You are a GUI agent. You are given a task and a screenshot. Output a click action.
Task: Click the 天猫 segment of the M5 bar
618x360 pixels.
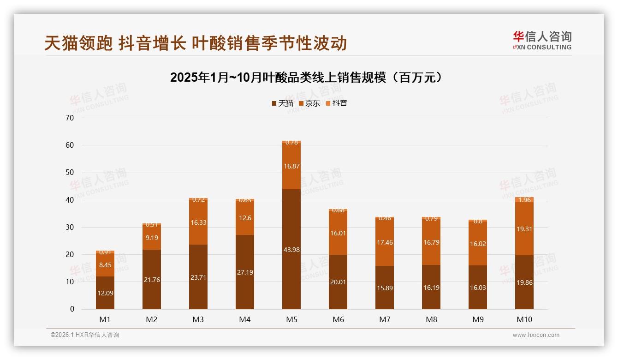(x=291, y=249)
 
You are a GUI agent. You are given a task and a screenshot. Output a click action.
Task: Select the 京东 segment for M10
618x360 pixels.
(x=524, y=229)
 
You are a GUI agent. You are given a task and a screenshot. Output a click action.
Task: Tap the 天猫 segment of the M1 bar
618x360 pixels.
(x=105, y=293)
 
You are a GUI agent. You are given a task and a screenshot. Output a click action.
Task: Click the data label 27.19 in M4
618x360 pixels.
(x=244, y=272)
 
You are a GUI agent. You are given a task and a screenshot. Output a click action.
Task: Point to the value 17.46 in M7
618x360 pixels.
(x=384, y=242)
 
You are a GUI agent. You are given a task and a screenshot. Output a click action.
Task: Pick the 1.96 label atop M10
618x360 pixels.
(x=524, y=200)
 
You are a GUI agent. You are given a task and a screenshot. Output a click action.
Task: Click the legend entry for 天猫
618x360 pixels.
(x=282, y=103)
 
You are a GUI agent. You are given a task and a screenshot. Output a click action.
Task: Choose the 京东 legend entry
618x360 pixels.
(x=309, y=103)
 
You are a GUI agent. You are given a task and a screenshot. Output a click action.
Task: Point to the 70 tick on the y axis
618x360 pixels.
(x=70, y=118)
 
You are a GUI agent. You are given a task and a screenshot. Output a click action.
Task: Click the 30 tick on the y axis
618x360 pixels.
(x=70, y=227)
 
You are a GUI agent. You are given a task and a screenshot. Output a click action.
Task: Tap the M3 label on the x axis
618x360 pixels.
(x=198, y=319)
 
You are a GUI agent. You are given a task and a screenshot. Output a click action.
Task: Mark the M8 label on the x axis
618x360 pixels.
(x=431, y=319)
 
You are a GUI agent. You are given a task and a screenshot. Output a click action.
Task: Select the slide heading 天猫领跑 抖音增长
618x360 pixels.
(x=196, y=43)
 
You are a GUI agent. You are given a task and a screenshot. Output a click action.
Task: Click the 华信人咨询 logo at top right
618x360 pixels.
(x=542, y=40)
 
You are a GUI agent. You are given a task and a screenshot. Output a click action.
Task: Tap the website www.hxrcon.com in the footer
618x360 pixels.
(x=535, y=335)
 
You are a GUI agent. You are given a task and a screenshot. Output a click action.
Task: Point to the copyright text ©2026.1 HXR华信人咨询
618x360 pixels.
(x=84, y=335)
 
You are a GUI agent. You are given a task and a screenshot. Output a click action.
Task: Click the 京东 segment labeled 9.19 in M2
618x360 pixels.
(x=152, y=238)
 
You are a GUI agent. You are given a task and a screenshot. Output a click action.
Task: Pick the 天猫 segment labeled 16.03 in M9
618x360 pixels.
(x=477, y=288)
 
